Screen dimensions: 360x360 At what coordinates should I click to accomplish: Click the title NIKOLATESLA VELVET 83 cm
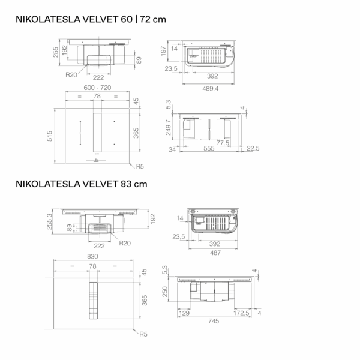pos(81,184)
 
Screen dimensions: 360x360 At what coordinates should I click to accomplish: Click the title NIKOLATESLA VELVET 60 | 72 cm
pos(91,19)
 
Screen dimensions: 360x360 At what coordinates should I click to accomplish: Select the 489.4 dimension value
pos(211,89)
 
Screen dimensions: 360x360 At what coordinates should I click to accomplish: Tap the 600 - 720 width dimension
pos(97,88)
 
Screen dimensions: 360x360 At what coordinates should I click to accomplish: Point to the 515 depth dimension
pos(50,136)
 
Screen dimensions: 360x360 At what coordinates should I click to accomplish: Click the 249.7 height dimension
pos(168,127)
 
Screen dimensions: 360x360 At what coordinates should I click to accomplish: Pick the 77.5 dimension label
pos(223,143)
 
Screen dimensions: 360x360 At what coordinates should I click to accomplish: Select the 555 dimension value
pos(209,149)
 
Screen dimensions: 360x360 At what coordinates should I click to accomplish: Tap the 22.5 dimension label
pos(253,148)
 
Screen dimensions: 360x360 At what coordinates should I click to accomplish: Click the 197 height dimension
pos(163,51)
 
